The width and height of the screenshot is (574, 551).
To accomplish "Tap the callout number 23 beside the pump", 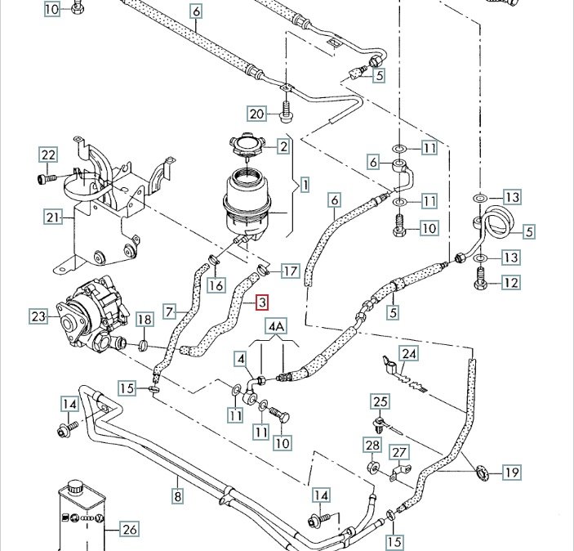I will (x=38, y=316).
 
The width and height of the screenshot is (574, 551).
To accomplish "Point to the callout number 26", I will (x=129, y=529).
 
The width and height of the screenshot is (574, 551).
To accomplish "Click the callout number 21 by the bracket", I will (x=53, y=217).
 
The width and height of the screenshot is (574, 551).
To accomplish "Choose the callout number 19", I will (x=512, y=472).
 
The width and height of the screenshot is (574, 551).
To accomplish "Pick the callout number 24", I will (x=408, y=354).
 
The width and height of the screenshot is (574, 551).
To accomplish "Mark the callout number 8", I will (x=176, y=495).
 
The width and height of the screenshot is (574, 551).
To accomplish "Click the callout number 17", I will (x=290, y=271).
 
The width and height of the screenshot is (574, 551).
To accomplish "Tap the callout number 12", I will (x=510, y=283).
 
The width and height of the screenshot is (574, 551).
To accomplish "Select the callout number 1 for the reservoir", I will (x=305, y=186).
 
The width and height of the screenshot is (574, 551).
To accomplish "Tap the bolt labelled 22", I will (x=44, y=176).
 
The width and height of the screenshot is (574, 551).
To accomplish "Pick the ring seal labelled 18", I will (x=144, y=346).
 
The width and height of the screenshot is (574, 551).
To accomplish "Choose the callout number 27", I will (x=398, y=453).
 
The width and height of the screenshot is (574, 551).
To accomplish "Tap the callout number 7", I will (x=170, y=311).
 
